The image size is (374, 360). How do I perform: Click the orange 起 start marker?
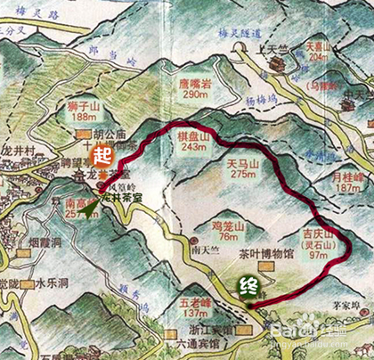102,154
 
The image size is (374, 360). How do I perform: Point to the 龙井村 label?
19,151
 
